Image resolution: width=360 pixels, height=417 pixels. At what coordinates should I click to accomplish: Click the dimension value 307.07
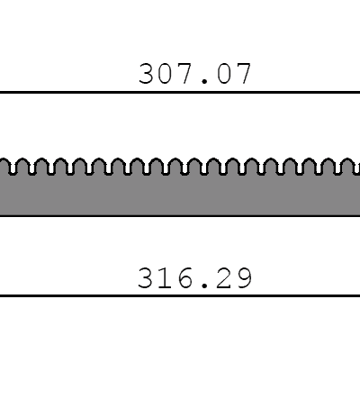[x=194, y=74]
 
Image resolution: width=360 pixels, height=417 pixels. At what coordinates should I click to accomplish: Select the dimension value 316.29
[x=194, y=278]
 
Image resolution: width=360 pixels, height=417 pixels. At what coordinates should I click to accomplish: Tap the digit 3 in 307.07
[x=147, y=74]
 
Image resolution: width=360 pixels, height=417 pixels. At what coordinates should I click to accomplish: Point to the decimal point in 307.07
[x=204, y=81]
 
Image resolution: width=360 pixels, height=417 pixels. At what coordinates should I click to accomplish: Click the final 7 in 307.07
[x=243, y=74]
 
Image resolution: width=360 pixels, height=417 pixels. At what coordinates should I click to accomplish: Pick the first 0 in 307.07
[x=166, y=74]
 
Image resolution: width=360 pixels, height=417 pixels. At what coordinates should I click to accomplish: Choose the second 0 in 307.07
[x=224, y=74]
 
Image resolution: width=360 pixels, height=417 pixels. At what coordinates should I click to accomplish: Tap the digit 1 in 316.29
[x=166, y=278]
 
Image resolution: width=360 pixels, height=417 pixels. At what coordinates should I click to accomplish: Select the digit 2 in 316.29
[x=224, y=278]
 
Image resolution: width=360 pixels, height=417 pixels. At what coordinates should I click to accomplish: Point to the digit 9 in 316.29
[x=243, y=278]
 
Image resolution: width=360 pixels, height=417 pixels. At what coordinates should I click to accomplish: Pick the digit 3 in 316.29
[x=147, y=278]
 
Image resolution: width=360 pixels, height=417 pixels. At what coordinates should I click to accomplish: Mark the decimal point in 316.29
[x=204, y=286]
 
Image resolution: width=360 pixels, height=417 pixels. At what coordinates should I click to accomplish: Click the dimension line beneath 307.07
[x=180, y=92]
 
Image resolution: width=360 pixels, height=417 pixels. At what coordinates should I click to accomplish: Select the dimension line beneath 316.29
[x=180, y=295]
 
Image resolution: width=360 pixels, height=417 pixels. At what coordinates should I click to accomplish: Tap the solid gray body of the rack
[x=180, y=195]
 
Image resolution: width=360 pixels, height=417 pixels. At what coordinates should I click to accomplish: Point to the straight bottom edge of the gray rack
[x=180, y=215]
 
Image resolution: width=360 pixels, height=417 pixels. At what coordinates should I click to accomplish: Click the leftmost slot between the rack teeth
[x=13, y=169]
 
